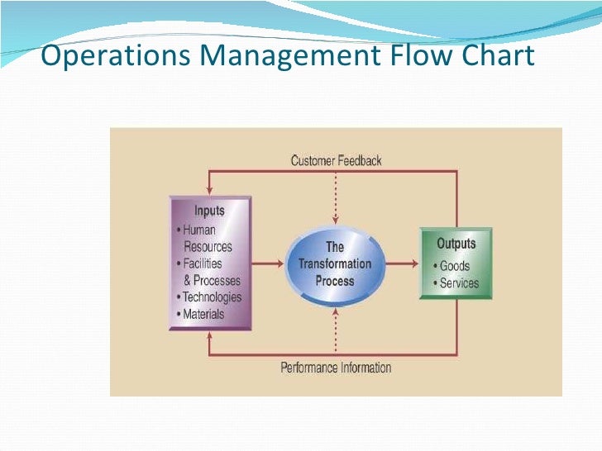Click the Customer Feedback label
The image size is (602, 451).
click(336, 160)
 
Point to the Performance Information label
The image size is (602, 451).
click(336, 368)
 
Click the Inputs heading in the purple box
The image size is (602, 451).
click(209, 211)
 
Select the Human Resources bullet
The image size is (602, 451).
click(206, 238)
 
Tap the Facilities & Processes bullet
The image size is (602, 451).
click(209, 272)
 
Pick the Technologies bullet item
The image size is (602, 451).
click(211, 297)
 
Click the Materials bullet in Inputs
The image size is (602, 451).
click(203, 314)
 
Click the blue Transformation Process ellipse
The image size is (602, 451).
click(335, 263)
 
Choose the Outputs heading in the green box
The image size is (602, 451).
click(456, 244)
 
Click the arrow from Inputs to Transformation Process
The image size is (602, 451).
click(269, 264)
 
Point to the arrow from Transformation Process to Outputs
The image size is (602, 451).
click(401, 264)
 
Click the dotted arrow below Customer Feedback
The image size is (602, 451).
click(336, 198)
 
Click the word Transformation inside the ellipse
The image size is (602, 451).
click(335, 263)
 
